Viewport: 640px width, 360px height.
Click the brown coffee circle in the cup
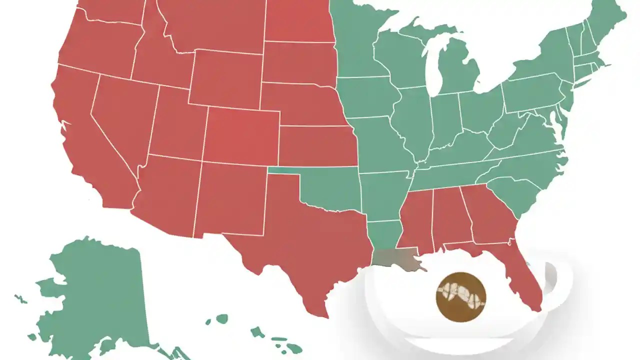coord(460,297)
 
